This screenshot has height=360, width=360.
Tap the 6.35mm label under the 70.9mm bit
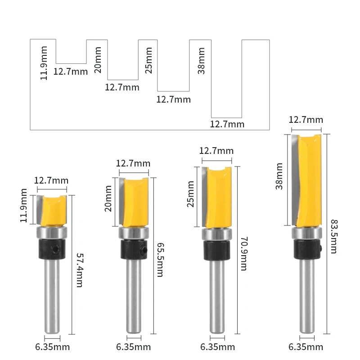click(x=218, y=347)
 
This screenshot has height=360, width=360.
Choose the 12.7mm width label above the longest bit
click(x=306, y=120)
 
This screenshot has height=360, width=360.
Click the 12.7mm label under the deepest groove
click(x=227, y=124)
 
